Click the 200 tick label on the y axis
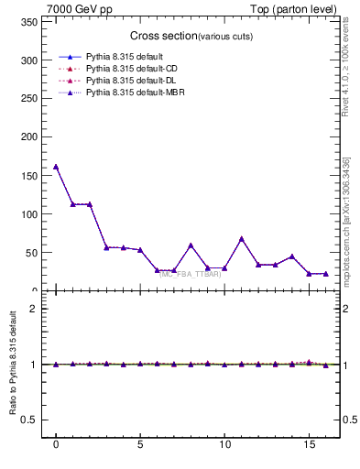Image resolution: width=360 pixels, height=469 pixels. coord(33,137)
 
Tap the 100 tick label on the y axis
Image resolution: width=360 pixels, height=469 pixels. coord(33,214)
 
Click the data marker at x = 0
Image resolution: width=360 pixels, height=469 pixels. coord(56,167)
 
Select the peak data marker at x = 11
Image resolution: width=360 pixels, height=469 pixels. coord(242,238)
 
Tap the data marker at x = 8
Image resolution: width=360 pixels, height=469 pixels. coord(191,245)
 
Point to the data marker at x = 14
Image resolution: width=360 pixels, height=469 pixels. coord(292,256)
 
